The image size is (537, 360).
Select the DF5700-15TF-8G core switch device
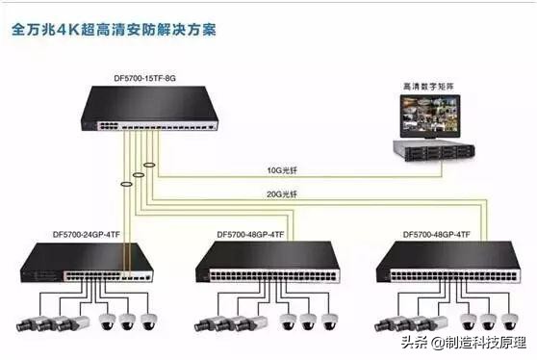(x=148, y=109)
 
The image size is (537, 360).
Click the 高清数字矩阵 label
(x=431, y=89)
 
